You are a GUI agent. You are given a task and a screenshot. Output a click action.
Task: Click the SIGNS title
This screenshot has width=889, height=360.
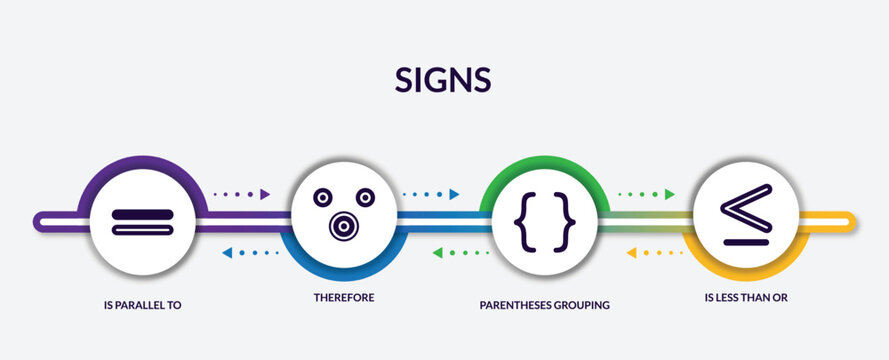[x=444, y=80]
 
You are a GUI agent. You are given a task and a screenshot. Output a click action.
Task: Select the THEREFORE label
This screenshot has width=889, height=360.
[x=344, y=298]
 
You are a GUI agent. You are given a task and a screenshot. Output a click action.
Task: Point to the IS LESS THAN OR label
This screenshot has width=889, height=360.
[x=746, y=298]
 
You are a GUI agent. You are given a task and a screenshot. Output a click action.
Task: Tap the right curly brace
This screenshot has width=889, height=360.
[x=567, y=219]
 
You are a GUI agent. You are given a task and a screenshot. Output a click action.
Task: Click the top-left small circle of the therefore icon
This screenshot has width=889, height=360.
[x=322, y=196]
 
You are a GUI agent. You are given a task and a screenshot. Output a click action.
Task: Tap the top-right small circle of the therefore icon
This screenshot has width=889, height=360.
[x=365, y=196]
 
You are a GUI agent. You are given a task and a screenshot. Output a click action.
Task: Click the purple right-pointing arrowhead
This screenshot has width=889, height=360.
[x=266, y=194]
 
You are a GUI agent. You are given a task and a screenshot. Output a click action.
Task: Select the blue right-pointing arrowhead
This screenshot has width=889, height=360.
[x=454, y=194]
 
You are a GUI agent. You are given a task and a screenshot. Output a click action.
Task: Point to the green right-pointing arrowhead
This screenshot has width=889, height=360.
[x=670, y=194]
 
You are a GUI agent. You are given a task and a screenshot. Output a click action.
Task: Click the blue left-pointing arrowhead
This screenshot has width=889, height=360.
[x=226, y=253]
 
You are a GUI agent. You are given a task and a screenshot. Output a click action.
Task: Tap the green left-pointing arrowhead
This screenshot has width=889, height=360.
[x=438, y=253]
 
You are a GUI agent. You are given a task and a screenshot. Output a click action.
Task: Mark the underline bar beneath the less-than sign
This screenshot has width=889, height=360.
[x=746, y=239]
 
